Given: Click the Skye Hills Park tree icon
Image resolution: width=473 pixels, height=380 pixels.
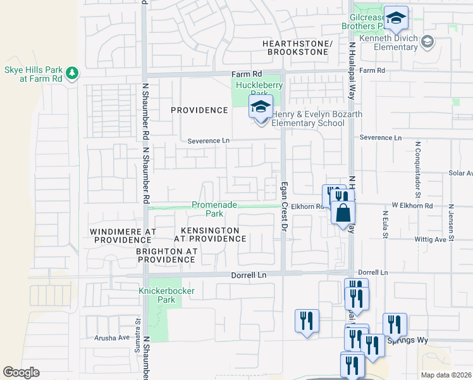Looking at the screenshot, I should [73, 73].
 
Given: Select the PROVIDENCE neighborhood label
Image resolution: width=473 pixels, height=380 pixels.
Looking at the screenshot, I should [199, 110].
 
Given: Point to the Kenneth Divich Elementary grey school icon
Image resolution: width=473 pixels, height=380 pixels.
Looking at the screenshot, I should [428, 42].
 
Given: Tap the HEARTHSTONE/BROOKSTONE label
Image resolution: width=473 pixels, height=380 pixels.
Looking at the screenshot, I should [297, 47].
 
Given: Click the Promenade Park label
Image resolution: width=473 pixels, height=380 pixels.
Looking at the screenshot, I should [214, 210].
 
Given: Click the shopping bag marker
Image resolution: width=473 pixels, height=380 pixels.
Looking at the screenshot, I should [343, 214].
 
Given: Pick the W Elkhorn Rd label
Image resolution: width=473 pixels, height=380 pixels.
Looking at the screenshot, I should [412, 206].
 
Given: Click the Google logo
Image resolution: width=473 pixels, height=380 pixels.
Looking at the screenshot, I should [21, 372].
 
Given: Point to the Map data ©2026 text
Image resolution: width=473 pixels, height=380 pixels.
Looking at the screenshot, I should [446, 375].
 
